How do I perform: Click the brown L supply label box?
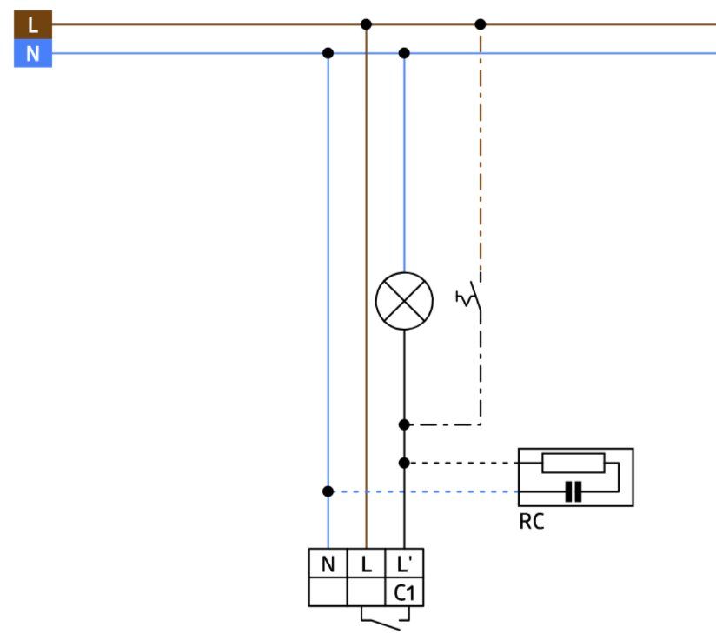(33, 24)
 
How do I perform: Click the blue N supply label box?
(33, 54)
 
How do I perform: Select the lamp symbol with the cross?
(404, 301)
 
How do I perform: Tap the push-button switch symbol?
(470, 297)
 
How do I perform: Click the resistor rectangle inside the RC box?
(573, 464)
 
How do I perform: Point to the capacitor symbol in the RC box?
(573, 492)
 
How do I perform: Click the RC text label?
(532, 522)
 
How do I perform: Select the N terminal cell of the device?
(328, 564)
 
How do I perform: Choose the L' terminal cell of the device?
(405, 564)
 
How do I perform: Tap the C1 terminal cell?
(405, 592)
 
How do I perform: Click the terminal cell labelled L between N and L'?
(366, 564)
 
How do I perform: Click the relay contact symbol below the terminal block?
(385, 619)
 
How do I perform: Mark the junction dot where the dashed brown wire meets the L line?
(481, 24)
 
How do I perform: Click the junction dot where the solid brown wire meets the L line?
(366, 24)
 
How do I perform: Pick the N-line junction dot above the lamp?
(404, 53)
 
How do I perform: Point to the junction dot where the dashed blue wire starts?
(328, 491)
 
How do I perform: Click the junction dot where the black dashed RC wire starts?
(404, 463)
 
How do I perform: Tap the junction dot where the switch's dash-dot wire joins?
(404, 424)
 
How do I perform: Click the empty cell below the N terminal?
(328, 592)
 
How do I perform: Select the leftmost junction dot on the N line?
(328, 53)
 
